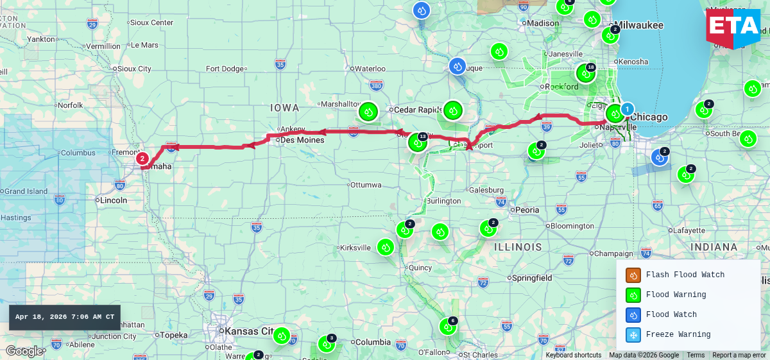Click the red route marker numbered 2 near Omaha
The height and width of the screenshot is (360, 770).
click(x=142, y=159)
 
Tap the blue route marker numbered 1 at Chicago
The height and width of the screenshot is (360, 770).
click(x=627, y=110)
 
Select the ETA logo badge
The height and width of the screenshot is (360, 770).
click(x=733, y=28)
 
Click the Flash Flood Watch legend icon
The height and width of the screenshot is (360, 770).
click(x=633, y=275)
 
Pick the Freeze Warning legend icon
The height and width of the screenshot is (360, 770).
click(x=633, y=335)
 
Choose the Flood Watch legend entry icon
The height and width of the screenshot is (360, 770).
click(x=633, y=315)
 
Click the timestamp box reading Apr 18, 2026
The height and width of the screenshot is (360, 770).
click(x=65, y=317)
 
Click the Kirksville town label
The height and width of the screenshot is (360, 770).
click(x=355, y=248)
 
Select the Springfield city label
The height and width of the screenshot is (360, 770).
click(x=531, y=278)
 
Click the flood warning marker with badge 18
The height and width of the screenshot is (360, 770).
click(x=585, y=73)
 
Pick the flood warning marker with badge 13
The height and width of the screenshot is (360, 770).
click(x=417, y=142)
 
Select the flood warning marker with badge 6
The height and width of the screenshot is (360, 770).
click(x=448, y=327)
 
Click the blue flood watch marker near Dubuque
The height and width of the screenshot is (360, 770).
click(x=457, y=66)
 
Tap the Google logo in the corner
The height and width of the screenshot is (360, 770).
click(x=24, y=351)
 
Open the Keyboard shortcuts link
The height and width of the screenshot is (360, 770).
click(x=574, y=356)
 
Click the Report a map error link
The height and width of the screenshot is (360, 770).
click(x=739, y=356)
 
